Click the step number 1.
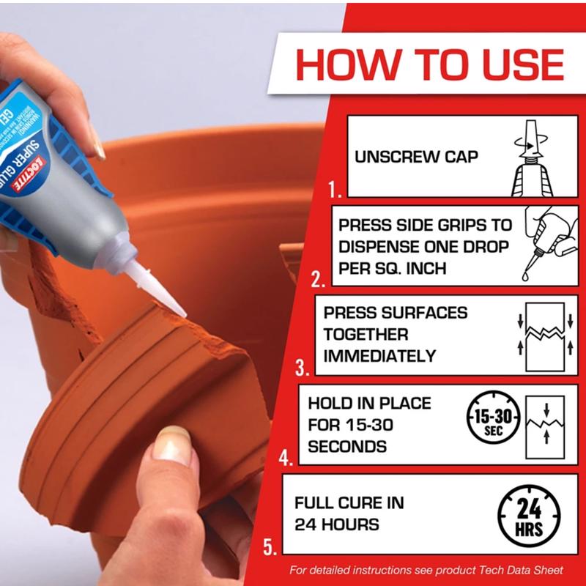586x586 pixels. click(335, 192)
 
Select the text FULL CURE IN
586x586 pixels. click(349, 503)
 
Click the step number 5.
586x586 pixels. click(270, 547)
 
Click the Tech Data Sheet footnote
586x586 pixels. click(426, 570)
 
